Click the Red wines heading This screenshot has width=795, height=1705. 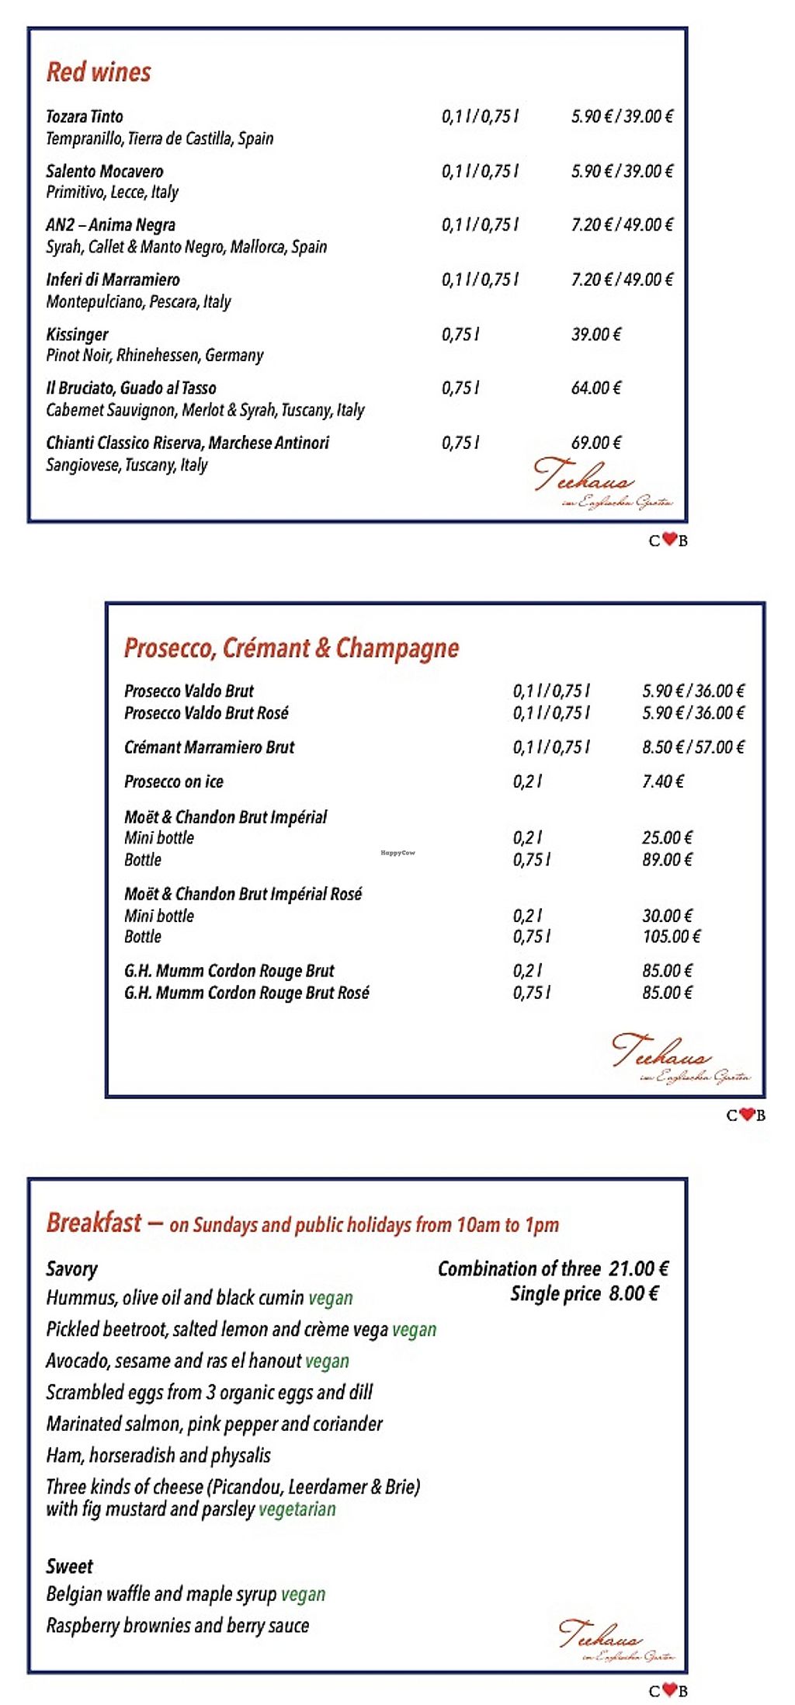tap(99, 72)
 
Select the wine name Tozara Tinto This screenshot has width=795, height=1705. tap(84, 117)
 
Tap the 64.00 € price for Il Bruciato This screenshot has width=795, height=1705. tap(596, 388)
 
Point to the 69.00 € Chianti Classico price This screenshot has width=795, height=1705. tap(596, 443)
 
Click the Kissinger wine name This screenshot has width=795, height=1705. tap(77, 334)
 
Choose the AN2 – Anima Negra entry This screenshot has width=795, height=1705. tap(110, 224)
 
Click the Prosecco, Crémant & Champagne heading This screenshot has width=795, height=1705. tap(291, 648)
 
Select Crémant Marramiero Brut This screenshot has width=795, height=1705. tap(210, 747)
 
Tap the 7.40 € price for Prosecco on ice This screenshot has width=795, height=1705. tap(663, 781)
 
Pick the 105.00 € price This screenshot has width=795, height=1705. tap(672, 937)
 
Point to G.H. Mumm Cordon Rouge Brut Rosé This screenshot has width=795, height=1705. tap(247, 993)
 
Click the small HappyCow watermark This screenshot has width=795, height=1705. tap(397, 853)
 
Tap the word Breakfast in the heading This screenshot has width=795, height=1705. tap(94, 1223)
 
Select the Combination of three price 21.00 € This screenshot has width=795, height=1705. tap(638, 1268)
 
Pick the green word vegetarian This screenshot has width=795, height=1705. tap(297, 1509)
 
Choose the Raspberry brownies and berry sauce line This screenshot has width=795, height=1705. tap(178, 1625)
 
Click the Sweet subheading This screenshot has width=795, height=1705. tap(69, 1566)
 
